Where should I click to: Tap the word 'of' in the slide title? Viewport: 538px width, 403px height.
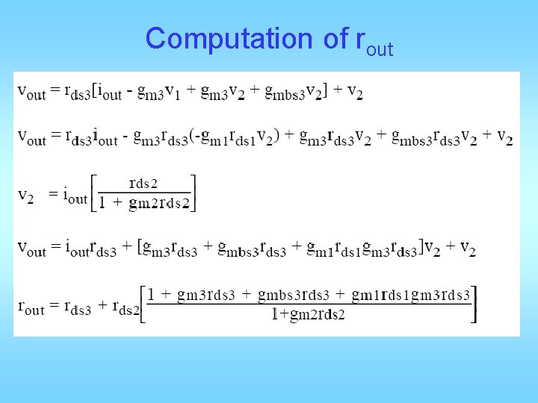coord(336,38)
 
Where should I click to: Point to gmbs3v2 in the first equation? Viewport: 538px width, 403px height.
coord(286,91)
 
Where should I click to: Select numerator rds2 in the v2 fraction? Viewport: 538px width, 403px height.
coord(143,183)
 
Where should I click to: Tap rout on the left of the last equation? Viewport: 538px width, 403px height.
coord(31,307)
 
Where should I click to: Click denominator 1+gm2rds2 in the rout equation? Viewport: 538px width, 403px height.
coord(308,316)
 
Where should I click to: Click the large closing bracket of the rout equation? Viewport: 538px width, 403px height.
coord(474,304)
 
